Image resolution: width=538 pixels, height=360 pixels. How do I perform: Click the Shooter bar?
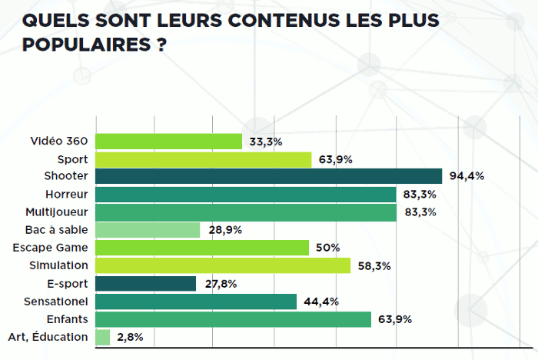(269, 176)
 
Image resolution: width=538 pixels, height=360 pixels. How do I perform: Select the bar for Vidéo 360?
(169, 142)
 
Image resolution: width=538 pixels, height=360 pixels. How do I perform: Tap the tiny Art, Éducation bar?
(103, 337)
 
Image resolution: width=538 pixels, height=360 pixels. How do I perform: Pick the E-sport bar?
(146, 284)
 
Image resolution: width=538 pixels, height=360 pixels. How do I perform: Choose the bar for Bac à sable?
(148, 230)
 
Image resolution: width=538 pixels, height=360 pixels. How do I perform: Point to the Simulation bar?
(223, 265)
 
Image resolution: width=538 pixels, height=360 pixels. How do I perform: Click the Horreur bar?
(246, 195)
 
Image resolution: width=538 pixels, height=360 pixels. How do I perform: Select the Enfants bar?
(234, 319)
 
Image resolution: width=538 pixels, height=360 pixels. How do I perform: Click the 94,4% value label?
(467, 176)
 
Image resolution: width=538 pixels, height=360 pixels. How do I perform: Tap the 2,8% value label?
(131, 337)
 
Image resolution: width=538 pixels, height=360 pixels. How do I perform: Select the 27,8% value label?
(221, 284)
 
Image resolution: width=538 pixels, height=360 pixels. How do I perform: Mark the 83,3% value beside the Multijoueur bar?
(420, 212)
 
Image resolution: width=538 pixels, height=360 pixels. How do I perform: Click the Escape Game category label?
(51, 247)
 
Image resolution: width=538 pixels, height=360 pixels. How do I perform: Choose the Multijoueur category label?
(55, 212)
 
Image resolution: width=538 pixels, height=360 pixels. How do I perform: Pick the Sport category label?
(72, 158)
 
